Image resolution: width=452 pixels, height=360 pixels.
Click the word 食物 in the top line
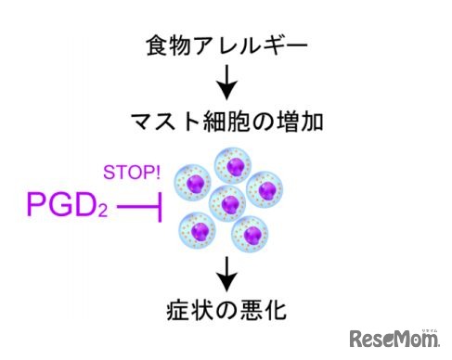click(168, 45)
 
